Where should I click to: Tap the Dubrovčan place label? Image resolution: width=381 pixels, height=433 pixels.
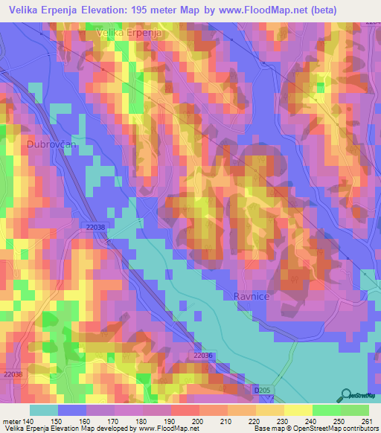click(x=51, y=146)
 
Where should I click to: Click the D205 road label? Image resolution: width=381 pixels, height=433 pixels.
click(x=261, y=389)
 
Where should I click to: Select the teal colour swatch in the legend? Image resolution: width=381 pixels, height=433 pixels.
click(x=44, y=410)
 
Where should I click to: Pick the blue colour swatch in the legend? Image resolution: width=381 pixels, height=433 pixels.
click(x=72, y=410)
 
